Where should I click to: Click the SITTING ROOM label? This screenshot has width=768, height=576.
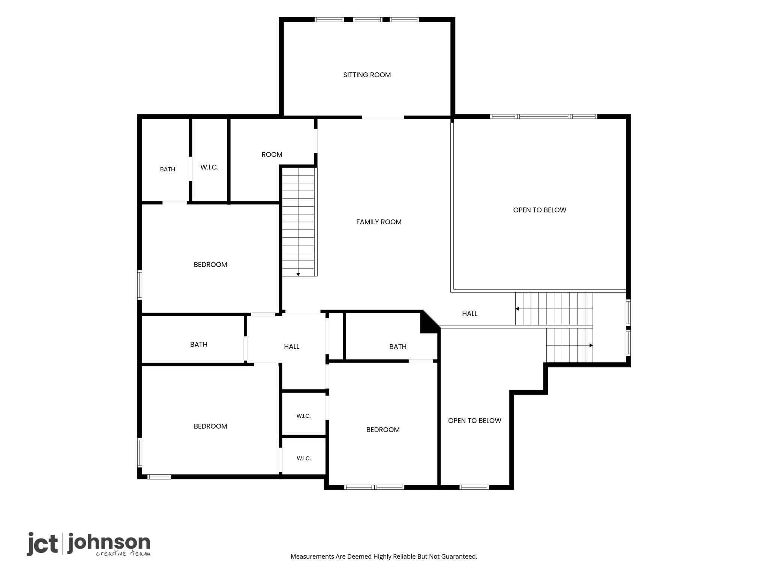[367, 75]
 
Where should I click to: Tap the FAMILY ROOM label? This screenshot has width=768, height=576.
[379, 222]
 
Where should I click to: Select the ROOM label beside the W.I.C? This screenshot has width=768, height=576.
[272, 154]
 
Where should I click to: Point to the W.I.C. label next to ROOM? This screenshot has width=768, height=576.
[209, 167]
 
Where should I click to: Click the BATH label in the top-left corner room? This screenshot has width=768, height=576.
[168, 169]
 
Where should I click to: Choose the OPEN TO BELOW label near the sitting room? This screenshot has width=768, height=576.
[540, 210]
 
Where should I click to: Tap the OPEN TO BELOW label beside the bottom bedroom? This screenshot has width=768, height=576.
[474, 421]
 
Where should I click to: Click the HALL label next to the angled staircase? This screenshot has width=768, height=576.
[469, 314]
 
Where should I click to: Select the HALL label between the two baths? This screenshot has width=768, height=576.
[291, 347]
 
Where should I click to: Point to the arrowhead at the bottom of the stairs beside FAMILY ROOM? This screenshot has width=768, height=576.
[298, 274]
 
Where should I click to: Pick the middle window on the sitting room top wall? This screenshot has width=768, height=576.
[367, 19]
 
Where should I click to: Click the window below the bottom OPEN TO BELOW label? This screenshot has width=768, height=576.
[474, 487]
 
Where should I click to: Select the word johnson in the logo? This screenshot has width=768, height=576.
[109, 543]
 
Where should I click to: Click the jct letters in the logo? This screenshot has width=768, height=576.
[42, 544]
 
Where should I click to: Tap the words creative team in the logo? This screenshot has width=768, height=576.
[123, 553]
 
